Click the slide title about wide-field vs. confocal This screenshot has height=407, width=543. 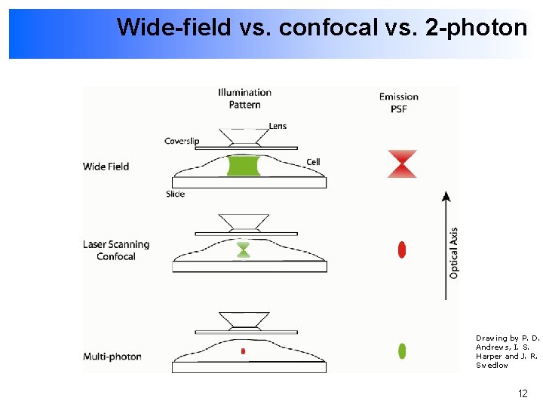(321, 28)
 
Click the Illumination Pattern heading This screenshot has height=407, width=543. (244, 99)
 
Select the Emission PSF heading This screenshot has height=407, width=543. (398, 103)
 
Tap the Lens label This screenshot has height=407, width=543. (278, 126)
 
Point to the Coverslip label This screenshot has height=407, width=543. (183, 141)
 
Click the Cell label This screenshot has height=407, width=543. (313, 162)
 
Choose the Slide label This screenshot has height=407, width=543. (175, 194)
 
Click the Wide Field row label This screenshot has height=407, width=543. (106, 167)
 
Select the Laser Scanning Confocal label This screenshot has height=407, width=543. (116, 250)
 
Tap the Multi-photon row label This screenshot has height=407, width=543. (112, 357)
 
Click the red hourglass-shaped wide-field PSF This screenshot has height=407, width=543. (402, 164)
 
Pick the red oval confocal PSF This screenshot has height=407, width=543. (402, 249)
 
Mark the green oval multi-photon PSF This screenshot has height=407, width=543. (402, 350)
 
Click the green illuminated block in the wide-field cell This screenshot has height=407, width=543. (243, 166)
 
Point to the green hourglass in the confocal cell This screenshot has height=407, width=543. (243, 249)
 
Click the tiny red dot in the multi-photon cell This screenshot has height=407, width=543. (243, 351)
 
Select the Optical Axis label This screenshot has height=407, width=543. (454, 252)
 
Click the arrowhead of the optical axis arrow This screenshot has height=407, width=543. (446, 197)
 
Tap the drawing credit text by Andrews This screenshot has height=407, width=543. (507, 351)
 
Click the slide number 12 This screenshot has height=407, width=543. (523, 393)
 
